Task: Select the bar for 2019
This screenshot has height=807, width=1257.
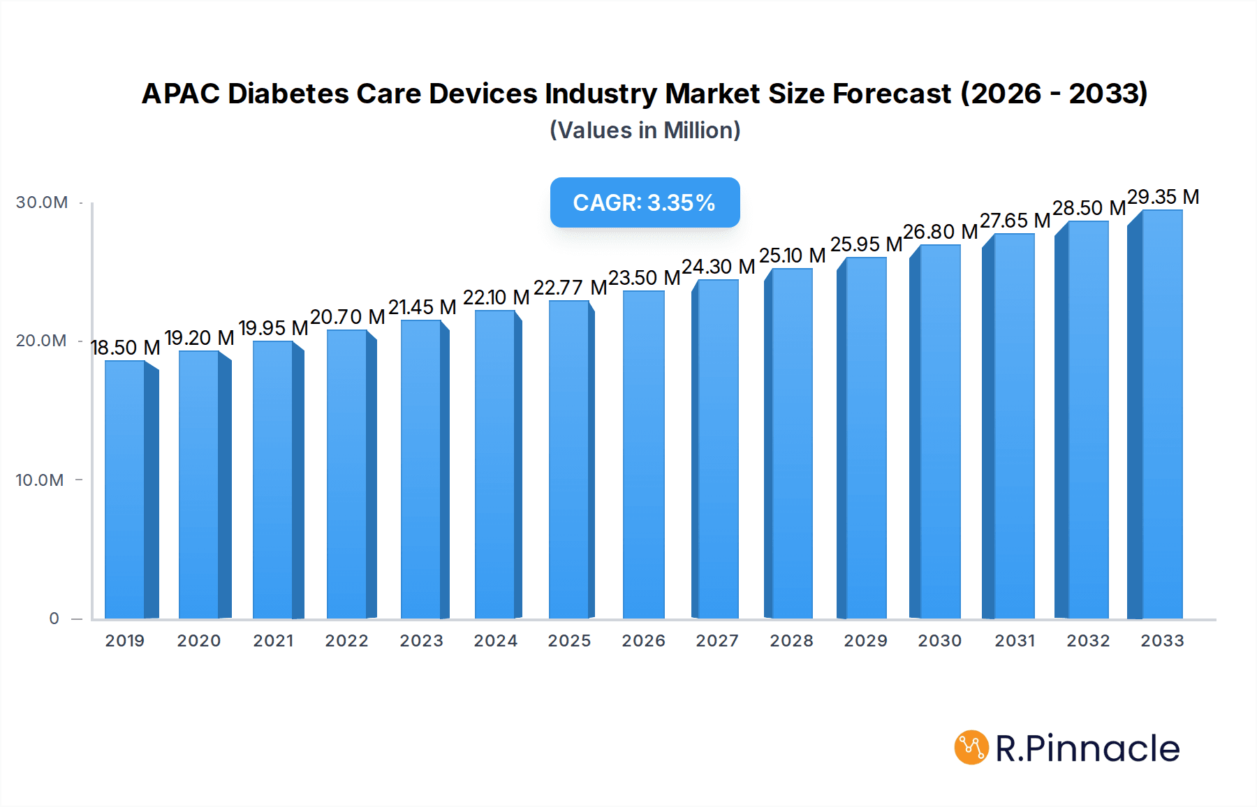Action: [126, 489]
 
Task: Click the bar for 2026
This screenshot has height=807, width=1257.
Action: [643, 454]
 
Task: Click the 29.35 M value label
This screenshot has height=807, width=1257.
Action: [1163, 197]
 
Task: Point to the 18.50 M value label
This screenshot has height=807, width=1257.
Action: [126, 348]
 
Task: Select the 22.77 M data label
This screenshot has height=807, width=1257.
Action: [570, 288]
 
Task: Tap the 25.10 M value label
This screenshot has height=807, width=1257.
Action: [792, 256]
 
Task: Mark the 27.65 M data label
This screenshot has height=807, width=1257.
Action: [1015, 221]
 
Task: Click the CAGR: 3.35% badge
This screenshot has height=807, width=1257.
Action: [645, 202]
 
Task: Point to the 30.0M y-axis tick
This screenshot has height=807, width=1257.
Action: [42, 202]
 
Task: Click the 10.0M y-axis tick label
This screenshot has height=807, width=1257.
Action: [40, 480]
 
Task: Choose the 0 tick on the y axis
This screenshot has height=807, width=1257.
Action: [54, 619]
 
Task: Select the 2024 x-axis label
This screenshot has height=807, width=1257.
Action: [495, 641]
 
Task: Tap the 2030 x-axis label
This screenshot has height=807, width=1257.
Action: [939, 641]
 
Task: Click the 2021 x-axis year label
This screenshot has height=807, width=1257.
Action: [273, 641]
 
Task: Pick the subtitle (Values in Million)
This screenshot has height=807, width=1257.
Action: [645, 131]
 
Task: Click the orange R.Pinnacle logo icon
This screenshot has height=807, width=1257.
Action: [971, 748]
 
